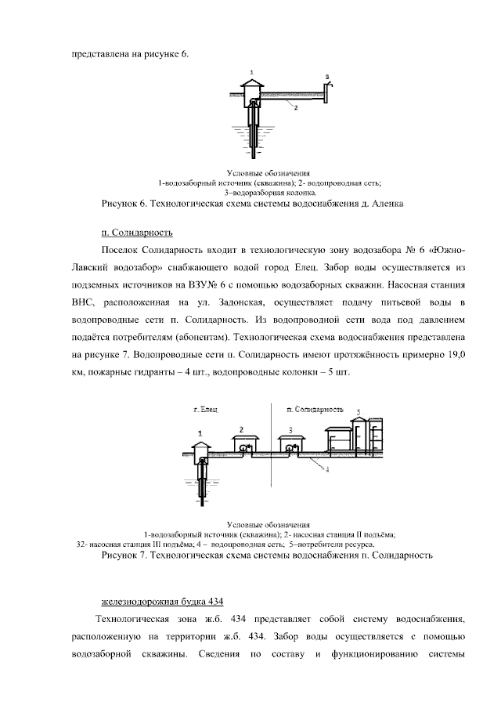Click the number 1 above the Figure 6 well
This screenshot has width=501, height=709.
click(x=252, y=72)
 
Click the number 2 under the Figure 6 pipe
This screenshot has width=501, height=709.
click(x=296, y=108)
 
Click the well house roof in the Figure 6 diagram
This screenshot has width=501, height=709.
click(x=252, y=82)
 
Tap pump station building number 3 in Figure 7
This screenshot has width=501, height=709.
click(x=290, y=445)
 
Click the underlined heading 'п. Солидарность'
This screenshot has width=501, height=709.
click(x=136, y=233)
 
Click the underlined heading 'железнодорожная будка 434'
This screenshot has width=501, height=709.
click(x=163, y=601)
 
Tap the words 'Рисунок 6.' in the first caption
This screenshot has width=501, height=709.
click(x=124, y=203)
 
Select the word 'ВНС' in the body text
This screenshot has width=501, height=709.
click(x=83, y=302)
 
